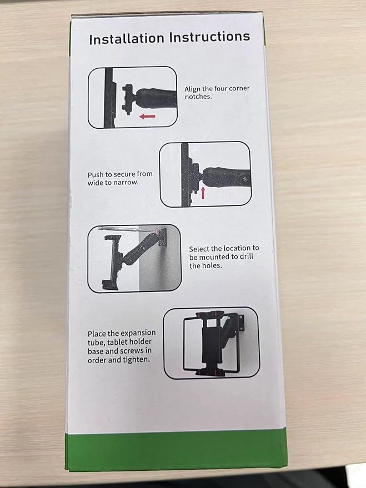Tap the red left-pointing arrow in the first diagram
147,116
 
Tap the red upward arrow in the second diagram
203,193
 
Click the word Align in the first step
194,89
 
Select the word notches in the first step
198,96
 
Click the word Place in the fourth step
98,334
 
